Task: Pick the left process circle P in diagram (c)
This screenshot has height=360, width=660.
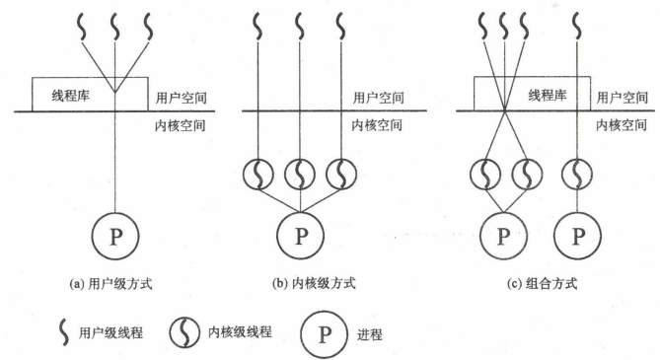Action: pos(503,237)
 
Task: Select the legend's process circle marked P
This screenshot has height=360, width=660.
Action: pos(323,333)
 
